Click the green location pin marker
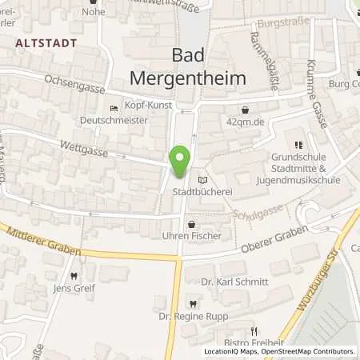coord(181,161)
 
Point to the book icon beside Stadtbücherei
coord(202,181)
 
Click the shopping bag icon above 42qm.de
coord(244,110)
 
